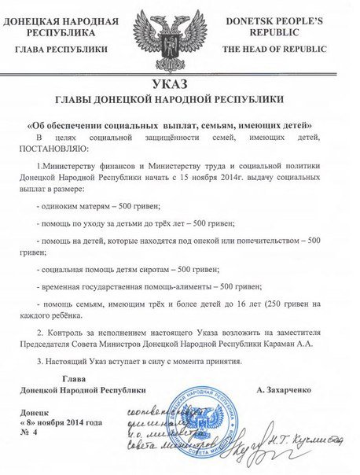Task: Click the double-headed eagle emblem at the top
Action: tap(180, 36)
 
